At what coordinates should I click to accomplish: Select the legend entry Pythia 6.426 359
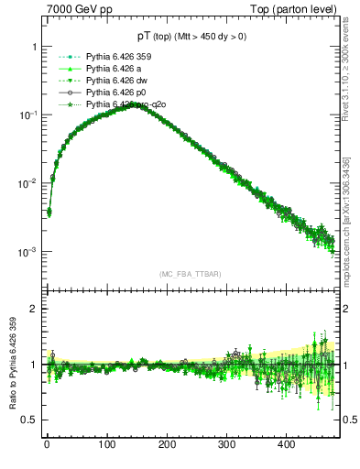(x=115, y=58)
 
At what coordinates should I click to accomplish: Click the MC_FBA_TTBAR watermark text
(x=189, y=274)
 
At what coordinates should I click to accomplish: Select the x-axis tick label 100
(x=106, y=445)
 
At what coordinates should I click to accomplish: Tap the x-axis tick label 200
(x=167, y=445)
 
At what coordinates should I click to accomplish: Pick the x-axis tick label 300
(x=226, y=445)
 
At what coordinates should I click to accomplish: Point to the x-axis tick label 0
(x=47, y=445)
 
